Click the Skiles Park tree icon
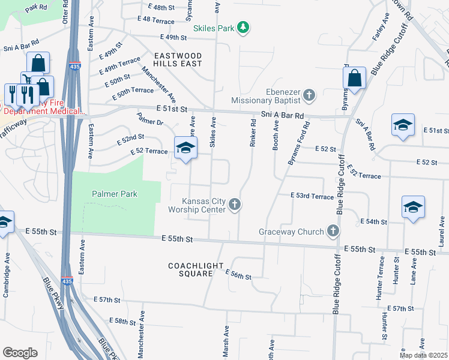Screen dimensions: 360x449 click(243, 28)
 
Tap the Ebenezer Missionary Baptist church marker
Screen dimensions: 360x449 click(309, 94)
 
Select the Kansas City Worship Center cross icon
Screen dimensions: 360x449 click(235, 205)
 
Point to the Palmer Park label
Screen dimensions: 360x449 click(114, 194)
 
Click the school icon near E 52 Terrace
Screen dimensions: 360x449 click(186, 148)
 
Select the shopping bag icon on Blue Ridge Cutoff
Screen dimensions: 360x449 click(354, 77)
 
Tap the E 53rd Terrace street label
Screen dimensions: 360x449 click(312, 196)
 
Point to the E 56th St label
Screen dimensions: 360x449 click(238, 275)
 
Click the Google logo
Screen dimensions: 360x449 click(20, 353)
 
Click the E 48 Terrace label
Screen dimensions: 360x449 click(155, 20)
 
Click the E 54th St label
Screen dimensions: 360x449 click(373, 222)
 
